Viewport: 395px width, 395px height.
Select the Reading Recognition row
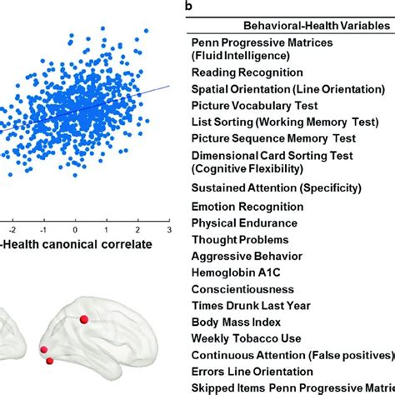245,72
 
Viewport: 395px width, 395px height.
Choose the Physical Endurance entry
244,222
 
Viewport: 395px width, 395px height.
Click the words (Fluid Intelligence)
241,56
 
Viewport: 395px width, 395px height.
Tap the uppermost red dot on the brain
83,319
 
